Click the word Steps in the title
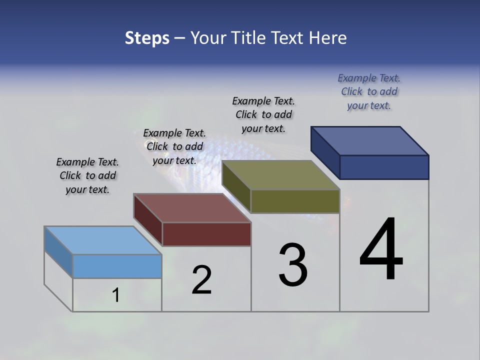tap(147, 38)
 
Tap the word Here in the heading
tap(327, 38)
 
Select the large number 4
tap(381, 249)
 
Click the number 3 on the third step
tap(293, 265)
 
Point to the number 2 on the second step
tap(201, 280)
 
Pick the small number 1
tap(116, 295)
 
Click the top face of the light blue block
tap(102, 240)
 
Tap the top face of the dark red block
tap(192, 208)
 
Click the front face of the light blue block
tap(117, 266)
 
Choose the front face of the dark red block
tap(206, 234)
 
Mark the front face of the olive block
tap(295, 201)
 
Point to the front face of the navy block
tap(384, 167)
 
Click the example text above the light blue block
tap(87, 176)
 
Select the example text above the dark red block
tap(174, 147)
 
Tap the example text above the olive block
tap(263, 114)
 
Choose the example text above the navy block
tap(369, 91)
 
